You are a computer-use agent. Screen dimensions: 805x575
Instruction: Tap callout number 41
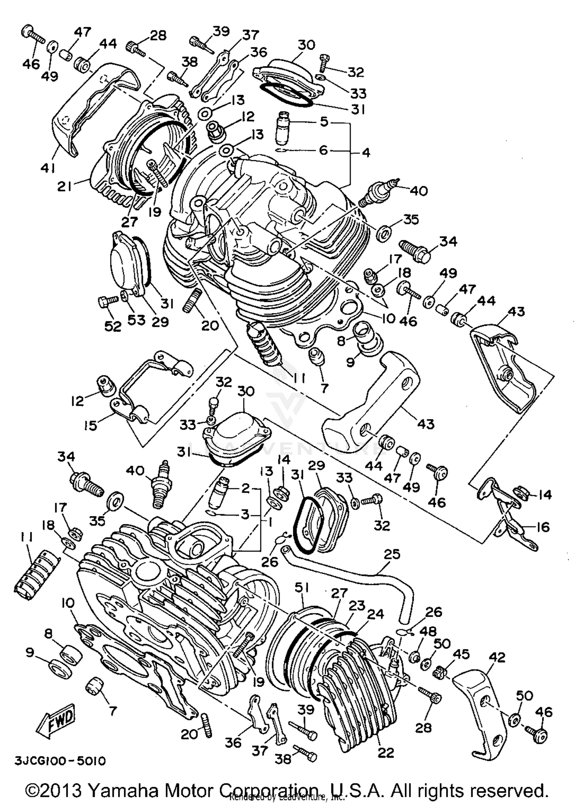click(x=48, y=168)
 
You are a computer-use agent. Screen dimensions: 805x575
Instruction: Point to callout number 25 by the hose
click(x=391, y=554)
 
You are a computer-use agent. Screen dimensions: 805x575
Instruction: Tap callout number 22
click(x=385, y=752)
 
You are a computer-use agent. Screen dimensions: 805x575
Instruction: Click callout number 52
click(x=113, y=326)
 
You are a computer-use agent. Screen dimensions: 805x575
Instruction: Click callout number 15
click(x=90, y=425)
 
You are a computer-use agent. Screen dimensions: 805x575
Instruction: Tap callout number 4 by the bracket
click(x=366, y=153)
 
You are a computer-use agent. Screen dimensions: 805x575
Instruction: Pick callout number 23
click(x=357, y=606)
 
